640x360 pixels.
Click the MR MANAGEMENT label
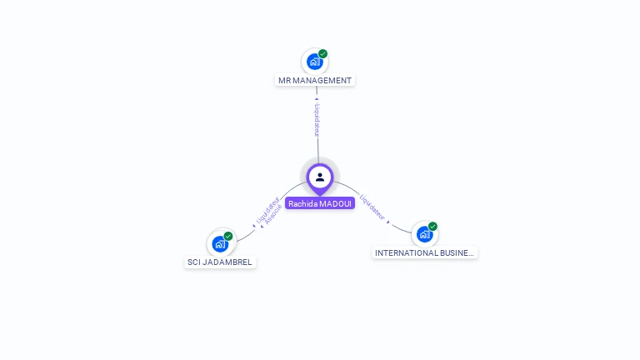(x=315, y=81)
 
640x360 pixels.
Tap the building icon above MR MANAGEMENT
(x=314, y=62)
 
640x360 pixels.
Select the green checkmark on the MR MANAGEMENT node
(x=323, y=54)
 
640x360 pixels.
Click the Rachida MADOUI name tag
(x=320, y=203)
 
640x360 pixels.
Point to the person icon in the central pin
(x=320, y=177)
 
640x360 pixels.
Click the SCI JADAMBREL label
(x=220, y=262)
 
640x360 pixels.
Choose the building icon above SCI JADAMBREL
(x=220, y=243)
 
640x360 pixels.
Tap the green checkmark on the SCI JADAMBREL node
(x=228, y=236)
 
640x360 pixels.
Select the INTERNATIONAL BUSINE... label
(x=425, y=252)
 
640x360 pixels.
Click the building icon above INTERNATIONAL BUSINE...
(x=423, y=234)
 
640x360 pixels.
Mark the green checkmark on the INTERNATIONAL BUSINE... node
(x=433, y=226)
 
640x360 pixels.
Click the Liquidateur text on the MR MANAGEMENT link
(x=317, y=119)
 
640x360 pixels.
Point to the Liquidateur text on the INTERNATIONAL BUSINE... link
(x=372, y=207)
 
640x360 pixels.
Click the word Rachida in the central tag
(x=301, y=203)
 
